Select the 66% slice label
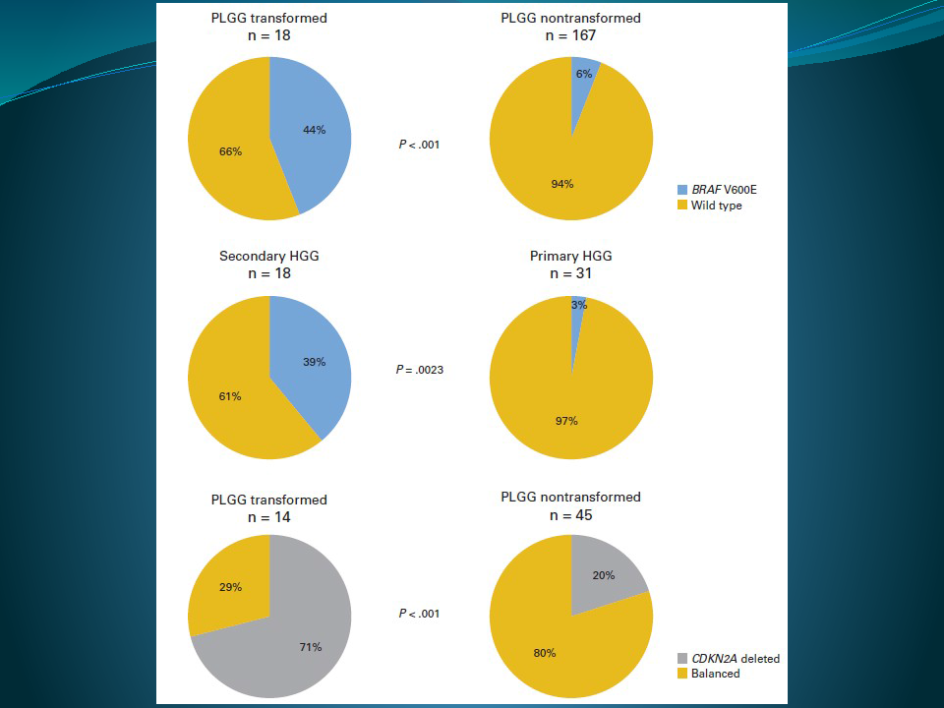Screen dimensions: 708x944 (230, 150)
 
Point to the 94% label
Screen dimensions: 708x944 (562, 184)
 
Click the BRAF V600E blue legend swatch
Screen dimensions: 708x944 (683, 189)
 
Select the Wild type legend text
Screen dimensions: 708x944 (717, 206)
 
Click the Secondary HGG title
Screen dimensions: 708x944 (268, 256)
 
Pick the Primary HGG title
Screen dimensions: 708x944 (570, 256)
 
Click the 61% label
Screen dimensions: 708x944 (230, 396)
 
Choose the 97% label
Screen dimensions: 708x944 (565, 421)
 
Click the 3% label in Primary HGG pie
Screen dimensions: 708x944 (578, 305)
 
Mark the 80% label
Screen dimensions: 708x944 (546, 652)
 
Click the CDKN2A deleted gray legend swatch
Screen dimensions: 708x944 (683, 658)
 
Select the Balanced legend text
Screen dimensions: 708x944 (716, 674)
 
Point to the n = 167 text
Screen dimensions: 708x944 (570, 35)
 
